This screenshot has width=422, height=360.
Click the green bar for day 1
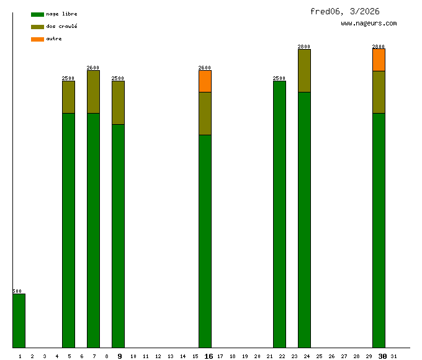pos(19,320)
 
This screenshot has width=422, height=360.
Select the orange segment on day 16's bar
pos(205,81)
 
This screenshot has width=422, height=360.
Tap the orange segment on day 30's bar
pos(379,60)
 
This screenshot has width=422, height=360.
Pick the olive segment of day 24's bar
pos(304,71)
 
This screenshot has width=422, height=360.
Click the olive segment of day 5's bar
pos(68,97)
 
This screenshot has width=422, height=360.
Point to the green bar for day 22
pos(279,214)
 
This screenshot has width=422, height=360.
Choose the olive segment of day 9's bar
pos(118,102)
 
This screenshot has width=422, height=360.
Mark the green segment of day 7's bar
pos(93,230)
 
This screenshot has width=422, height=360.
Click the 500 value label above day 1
pos(17,291)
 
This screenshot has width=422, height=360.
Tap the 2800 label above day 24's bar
pos(304,47)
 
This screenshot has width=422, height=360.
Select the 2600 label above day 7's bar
pos(93,68)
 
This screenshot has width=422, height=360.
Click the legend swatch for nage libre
pos(37,14)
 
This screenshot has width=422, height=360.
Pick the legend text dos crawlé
pos(61,26)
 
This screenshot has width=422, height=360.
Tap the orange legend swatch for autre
pos(37,39)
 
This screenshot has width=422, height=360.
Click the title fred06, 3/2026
pos(344,11)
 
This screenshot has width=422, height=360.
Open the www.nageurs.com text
pos(369,24)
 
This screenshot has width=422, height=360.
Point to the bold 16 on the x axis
pos(209,356)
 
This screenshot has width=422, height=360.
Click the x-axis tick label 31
pos(393,356)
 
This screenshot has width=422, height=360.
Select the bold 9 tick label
pos(120,356)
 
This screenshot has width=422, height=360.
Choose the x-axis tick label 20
pos(257,356)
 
